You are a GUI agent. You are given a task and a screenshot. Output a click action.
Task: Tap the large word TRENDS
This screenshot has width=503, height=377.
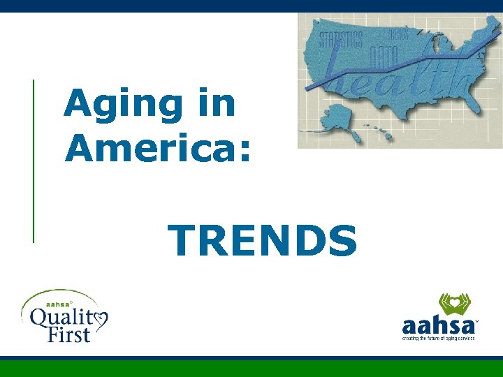263,240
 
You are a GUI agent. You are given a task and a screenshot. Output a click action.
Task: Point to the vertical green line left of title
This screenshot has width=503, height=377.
34,161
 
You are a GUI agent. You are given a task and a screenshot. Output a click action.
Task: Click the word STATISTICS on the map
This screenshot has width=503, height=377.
341,38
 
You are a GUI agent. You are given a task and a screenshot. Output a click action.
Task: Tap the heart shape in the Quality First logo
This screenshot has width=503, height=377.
100,320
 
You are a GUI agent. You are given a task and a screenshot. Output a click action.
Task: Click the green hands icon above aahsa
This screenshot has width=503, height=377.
453,304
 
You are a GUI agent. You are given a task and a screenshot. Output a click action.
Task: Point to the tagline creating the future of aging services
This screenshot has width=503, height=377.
438,338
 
